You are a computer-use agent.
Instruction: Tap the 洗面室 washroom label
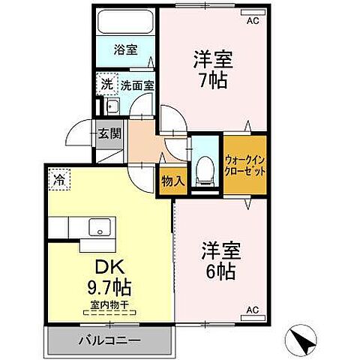click(138, 85)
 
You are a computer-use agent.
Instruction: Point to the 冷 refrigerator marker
click(58, 179)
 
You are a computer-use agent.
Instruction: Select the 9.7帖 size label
click(109, 287)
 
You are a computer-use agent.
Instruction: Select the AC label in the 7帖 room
click(253, 21)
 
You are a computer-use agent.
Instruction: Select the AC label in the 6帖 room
click(253, 309)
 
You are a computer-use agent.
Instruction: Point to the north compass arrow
click(304, 341)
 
